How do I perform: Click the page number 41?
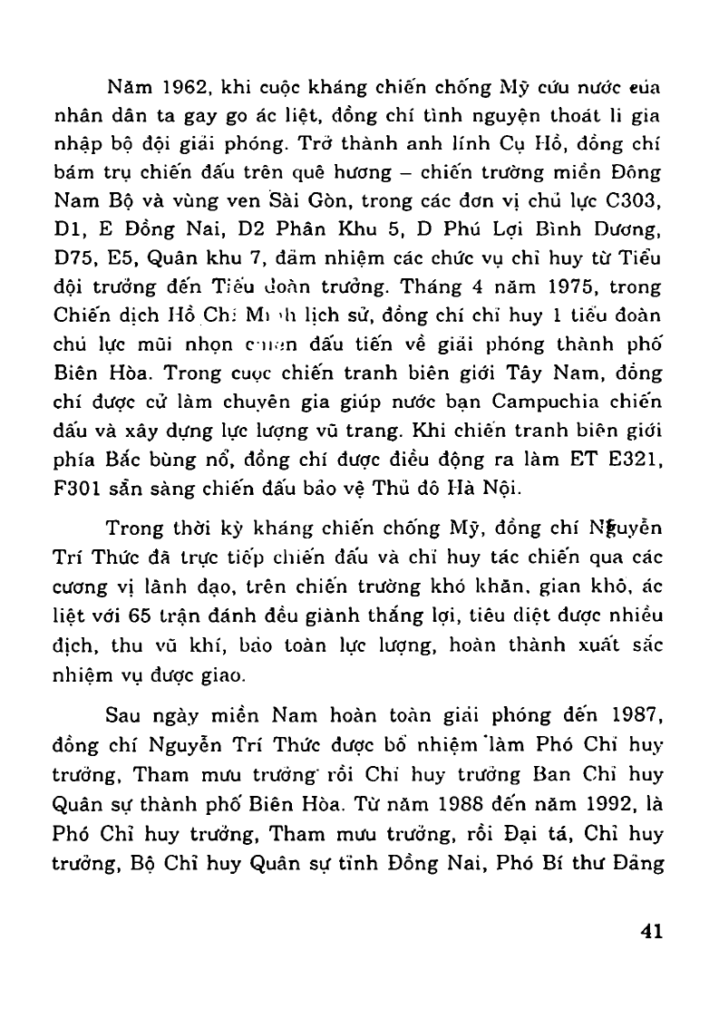click(651, 931)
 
